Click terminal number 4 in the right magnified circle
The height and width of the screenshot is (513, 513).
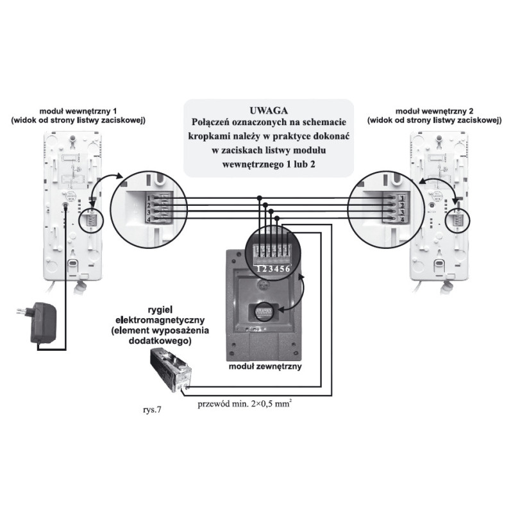[x=401, y=219]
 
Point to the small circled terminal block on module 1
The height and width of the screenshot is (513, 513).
[x=89, y=220]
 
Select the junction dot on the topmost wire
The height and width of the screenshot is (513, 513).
[x=261, y=198]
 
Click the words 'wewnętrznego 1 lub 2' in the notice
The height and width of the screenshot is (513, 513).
[x=269, y=164]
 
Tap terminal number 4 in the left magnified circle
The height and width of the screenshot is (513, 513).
[x=147, y=219]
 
